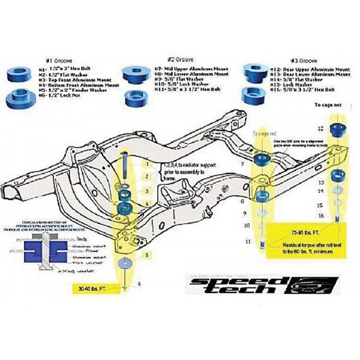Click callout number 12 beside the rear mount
[x=320, y=128]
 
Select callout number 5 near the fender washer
[x=147, y=256]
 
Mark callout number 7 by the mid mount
[x=242, y=163]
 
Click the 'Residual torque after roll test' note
[x=300, y=246]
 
